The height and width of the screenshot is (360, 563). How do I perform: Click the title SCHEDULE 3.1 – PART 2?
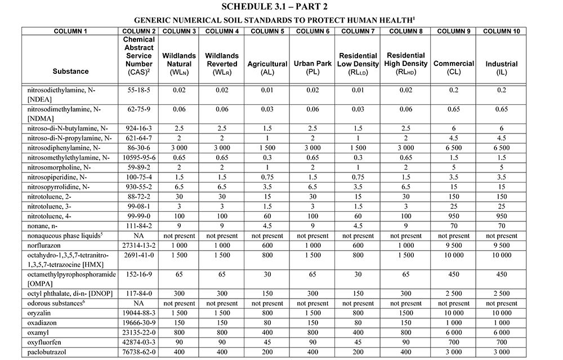(281, 7)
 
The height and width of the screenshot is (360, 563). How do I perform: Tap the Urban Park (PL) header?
(312, 68)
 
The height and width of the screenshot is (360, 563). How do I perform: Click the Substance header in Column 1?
(70, 72)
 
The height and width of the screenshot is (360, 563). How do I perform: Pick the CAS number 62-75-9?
(138, 109)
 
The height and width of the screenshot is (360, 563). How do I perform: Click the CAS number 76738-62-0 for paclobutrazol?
(138, 352)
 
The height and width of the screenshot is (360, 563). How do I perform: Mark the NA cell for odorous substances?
(138, 303)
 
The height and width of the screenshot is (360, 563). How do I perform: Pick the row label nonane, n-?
(42, 225)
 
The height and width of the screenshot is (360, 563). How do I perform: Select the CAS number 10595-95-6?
(138, 157)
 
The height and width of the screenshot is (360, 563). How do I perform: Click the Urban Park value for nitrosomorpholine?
(312, 167)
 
